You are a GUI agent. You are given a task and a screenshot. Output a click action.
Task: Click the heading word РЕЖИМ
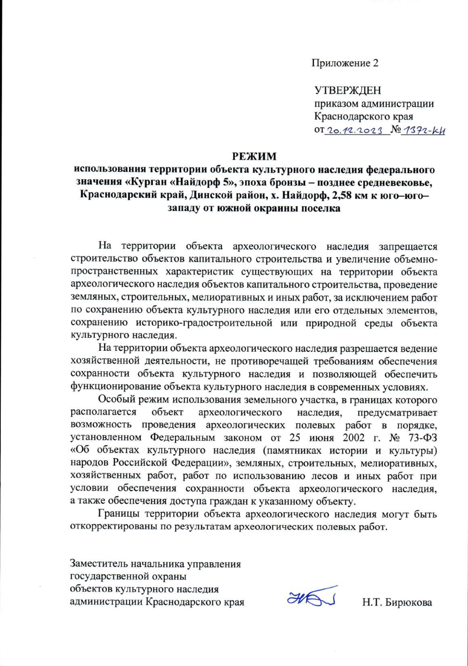tap(254, 156)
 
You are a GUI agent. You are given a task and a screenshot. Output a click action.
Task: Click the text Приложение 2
tap(345, 63)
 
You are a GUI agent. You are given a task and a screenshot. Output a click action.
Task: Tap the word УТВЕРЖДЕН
tap(348, 91)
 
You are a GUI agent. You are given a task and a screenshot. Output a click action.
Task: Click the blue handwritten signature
tap(312, 597)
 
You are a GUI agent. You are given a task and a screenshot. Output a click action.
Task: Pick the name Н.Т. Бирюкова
tap(397, 602)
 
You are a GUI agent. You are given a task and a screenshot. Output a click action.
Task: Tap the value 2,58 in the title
tap(340, 195)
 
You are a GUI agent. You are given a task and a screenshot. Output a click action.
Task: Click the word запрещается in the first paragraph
tap(408, 247)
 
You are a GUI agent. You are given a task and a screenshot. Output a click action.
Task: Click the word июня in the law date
tap(321, 438)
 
